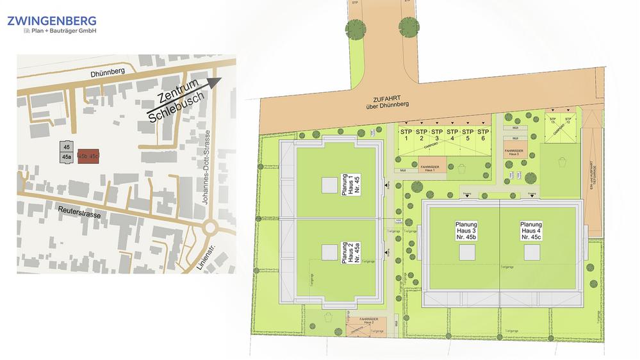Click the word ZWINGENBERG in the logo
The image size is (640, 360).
click(51, 20)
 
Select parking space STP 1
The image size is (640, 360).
click(406, 135)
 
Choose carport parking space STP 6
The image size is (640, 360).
click(483, 135)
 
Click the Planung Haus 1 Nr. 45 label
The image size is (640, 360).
click(349, 186)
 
